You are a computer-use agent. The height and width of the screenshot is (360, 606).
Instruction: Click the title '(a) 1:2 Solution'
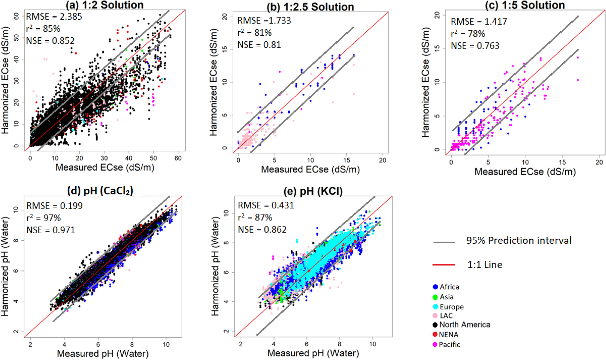(x=105, y=5)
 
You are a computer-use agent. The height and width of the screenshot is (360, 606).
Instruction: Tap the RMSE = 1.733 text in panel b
(x=264, y=21)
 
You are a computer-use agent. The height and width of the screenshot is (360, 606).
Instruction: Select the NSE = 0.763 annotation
(x=475, y=46)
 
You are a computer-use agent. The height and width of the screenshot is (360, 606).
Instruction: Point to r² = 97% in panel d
(x=43, y=218)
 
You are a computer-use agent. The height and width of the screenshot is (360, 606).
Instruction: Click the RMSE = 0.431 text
(x=266, y=205)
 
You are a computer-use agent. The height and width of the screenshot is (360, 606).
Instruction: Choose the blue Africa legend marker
(x=435, y=287)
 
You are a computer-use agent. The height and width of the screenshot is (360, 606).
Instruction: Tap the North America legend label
(x=465, y=324)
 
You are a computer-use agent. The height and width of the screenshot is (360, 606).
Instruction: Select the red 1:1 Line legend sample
(x=444, y=265)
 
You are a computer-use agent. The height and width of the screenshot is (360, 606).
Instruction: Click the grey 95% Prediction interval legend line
(x=444, y=242)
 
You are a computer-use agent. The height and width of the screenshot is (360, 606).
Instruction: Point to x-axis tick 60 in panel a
(x=178, y=158)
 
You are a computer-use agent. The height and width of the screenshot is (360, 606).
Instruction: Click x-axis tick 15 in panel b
(x=347, y=160)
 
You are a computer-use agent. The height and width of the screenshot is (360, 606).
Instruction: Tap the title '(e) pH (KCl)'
(x=313, y=191)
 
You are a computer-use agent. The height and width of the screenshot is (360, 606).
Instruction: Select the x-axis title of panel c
(x=525, y=172)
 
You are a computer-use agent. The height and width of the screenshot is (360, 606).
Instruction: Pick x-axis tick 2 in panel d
(x=30, y=344)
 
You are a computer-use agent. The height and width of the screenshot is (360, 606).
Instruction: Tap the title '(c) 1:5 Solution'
(x=525, y=5)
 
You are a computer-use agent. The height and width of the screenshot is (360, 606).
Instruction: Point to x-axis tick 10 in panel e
(x=373, y=344)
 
